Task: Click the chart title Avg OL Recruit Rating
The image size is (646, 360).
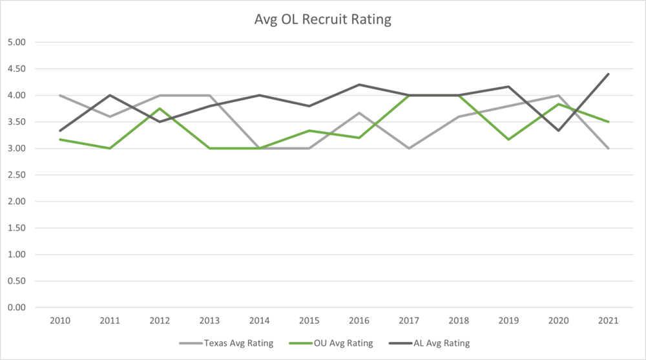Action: click(323, 20)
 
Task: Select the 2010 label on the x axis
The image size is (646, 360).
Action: click(61, 321)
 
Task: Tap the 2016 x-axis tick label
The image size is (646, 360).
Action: click(359, 321)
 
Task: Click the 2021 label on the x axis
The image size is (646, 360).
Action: click(608, 321)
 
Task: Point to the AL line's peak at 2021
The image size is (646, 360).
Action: click(608, 74)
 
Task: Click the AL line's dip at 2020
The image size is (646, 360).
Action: click(558, 131)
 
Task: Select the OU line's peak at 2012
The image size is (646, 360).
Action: click(160, 109)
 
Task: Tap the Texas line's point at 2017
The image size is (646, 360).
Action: click(409, 149)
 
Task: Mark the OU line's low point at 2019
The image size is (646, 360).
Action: click(508, 140)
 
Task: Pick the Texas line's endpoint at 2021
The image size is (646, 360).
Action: click(608, 149)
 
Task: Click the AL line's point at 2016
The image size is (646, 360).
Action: click(359, 85)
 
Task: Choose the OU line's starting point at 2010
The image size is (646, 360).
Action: click(61, 140)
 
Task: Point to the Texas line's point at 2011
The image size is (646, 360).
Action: click(110, 117)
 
